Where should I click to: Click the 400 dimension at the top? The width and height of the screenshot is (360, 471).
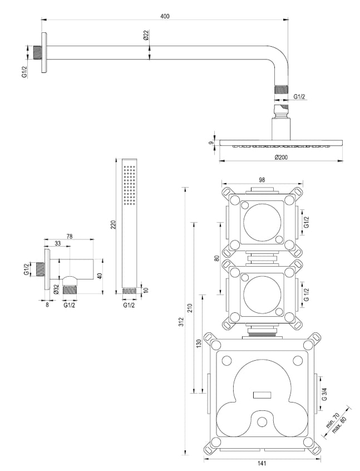click(x=165, y=16)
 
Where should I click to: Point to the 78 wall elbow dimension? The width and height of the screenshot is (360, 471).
click(x=70, y=236)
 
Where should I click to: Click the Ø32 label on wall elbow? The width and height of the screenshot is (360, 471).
click(x=56, y=289)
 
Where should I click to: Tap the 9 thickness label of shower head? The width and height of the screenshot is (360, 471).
click(x=211, y=143)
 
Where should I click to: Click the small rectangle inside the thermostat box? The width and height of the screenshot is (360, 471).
click(x=261, y=395)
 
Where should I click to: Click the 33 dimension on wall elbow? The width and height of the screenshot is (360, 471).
click(x=58, y=243)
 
